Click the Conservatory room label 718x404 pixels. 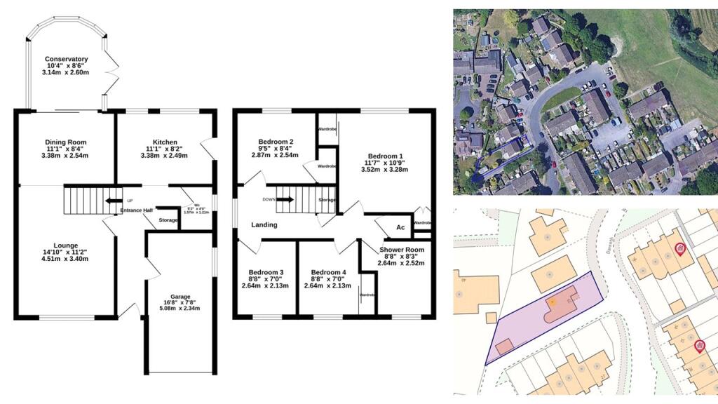pos(67,59)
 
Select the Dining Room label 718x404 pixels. pos(65,142)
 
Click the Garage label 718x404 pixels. pos(180,297)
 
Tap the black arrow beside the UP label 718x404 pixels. pos(111,200)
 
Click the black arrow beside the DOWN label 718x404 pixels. pos(285,199)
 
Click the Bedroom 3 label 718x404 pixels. pos(266,272)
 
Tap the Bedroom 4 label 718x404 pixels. pos(329,272)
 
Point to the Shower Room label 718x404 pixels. pos(402,250)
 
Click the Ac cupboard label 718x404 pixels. pos(400,227)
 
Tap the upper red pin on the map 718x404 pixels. pos(679,248)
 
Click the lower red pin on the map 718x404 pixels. pos(698,345)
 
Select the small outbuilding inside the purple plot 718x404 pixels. pos(503,346)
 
